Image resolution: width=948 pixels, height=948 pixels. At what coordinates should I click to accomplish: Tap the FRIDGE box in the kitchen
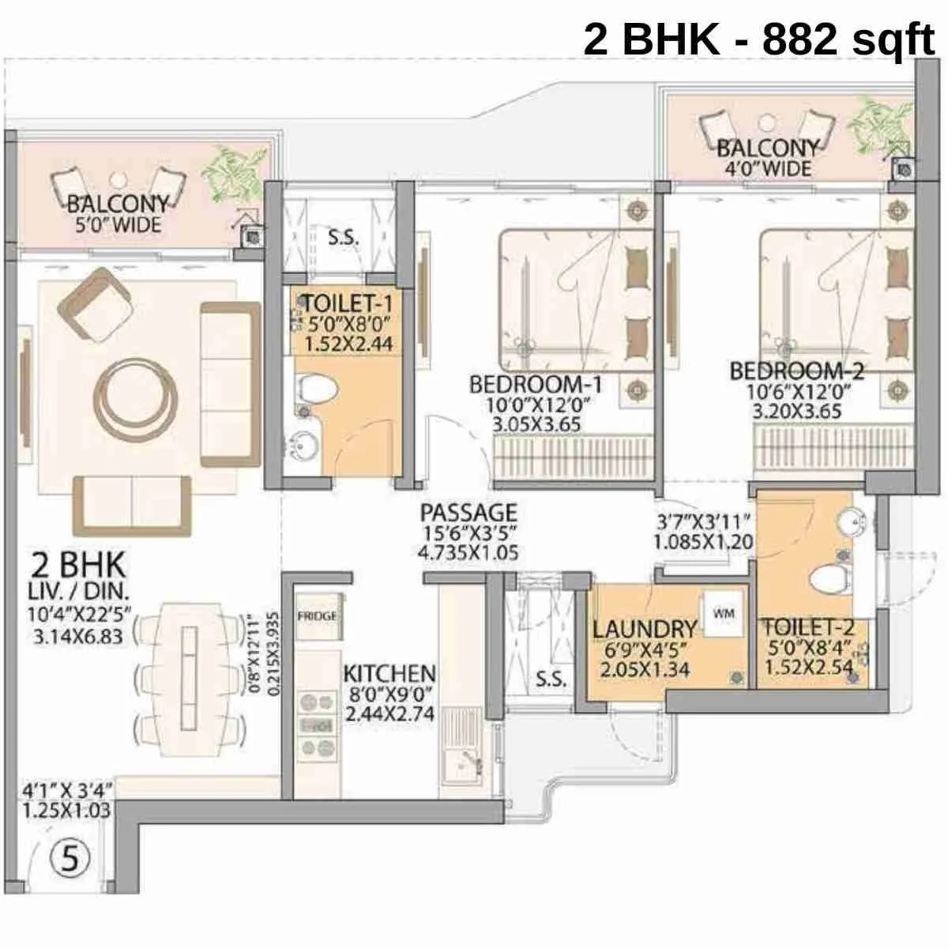point(317,616)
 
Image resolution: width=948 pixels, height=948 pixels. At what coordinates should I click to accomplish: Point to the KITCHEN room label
point(389,674)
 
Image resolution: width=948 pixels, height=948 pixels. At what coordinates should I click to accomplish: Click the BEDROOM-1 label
point(536,385)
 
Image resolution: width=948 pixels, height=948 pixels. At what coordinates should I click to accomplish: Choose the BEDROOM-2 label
point(796,370)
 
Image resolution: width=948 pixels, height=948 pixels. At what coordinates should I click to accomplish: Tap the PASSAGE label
point(468,512)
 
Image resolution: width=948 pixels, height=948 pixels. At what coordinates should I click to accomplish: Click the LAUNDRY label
point(645,630)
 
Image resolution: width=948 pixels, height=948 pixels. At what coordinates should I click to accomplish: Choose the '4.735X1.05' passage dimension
point(468,552)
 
